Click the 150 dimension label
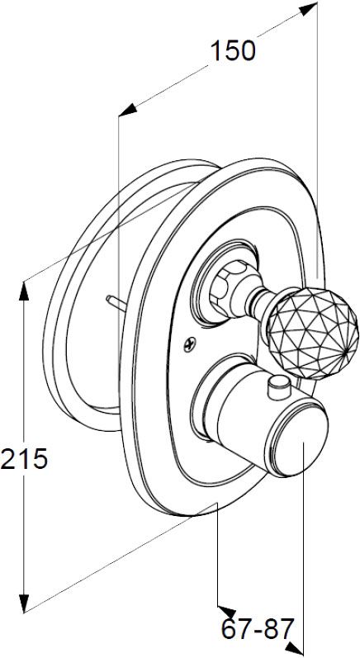pos(233,51)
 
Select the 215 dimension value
pos(24,459)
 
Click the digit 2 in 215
pos(8,459)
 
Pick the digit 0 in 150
pos(248,51)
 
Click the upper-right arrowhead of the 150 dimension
pos(308,8)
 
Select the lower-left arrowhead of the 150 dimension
pos(128,110)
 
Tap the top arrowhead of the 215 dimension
pos(24,291)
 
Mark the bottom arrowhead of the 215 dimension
pos(24,604)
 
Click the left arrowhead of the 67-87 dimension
pos(226,611)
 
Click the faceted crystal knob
pos(313,334)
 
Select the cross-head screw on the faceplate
pos(190,345)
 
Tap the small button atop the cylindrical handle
pos(280,387)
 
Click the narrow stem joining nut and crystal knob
pos(261,299)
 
